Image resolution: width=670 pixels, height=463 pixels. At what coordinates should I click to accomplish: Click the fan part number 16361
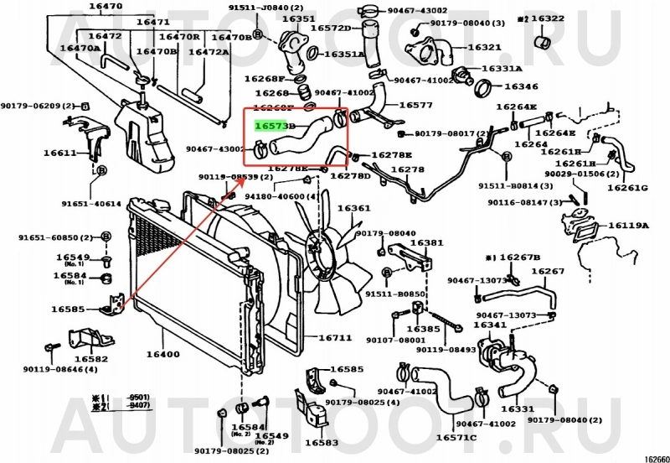coord(353,208)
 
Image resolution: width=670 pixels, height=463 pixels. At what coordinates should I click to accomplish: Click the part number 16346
coord(521,86)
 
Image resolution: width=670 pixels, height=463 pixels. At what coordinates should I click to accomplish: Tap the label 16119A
coord(628,225)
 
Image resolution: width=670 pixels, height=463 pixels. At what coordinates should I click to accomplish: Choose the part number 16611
coord(61,153)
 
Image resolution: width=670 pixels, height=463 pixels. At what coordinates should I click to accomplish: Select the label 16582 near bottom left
coord(90,359)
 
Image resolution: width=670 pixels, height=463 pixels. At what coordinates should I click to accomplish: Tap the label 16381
coord(427,242)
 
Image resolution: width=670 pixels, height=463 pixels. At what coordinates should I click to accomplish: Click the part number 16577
coord(415,105)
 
